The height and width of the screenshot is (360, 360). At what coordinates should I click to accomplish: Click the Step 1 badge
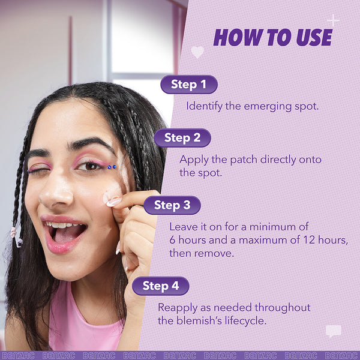coord(188,85)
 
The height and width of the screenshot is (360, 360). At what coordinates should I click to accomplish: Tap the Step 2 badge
coord(182,138)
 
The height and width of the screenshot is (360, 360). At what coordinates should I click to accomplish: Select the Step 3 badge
coord(172,205)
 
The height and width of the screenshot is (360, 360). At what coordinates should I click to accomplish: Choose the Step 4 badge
coord(161,286)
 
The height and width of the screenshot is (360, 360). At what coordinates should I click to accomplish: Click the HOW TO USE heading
coord(272,38)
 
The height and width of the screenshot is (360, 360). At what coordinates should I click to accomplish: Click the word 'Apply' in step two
coord(193,160)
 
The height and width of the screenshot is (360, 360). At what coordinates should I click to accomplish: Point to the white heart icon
coord(197,52)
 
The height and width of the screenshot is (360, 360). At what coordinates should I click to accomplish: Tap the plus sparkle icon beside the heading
coord(333,20)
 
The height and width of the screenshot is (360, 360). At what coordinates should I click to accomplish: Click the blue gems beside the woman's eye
coord(112,167)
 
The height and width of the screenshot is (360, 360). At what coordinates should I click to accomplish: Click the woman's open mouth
coord(65,232)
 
